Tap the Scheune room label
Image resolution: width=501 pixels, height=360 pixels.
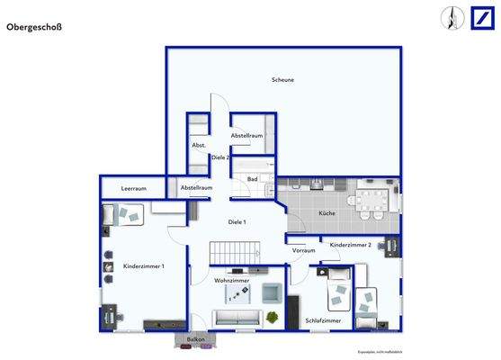tap(282, 80)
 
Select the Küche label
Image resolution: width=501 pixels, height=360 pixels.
tap(327, 213)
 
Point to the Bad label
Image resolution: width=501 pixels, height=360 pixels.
tap(253, 179)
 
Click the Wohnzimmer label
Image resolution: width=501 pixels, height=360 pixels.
tap(231, 281)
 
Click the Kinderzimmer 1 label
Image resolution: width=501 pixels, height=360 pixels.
tap(143, 266)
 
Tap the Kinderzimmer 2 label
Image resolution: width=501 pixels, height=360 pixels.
tap(351, 245)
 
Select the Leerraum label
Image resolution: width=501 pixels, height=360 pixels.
tap(134, 188)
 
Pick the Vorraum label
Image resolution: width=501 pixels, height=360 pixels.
tap(304, 250)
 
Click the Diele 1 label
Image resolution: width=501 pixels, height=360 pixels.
tap(237, 221)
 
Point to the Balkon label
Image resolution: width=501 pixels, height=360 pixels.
tap(196, 339)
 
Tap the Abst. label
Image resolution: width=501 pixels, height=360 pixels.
tap(199, 145)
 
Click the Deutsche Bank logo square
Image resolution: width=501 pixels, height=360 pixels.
tap(479, 17)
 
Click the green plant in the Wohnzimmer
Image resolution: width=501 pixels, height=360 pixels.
tap(271, 316)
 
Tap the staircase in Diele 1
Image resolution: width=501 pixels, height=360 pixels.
tap(231, 253)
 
